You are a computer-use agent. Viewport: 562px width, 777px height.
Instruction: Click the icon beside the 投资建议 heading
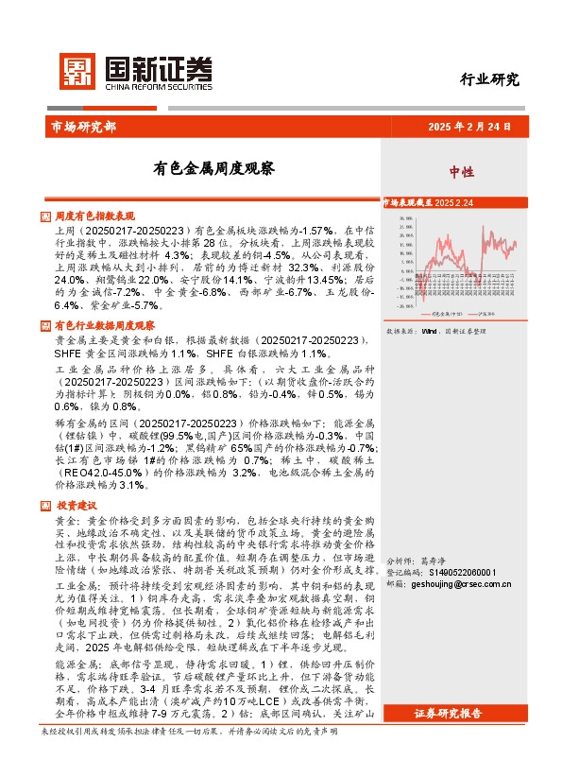47,479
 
